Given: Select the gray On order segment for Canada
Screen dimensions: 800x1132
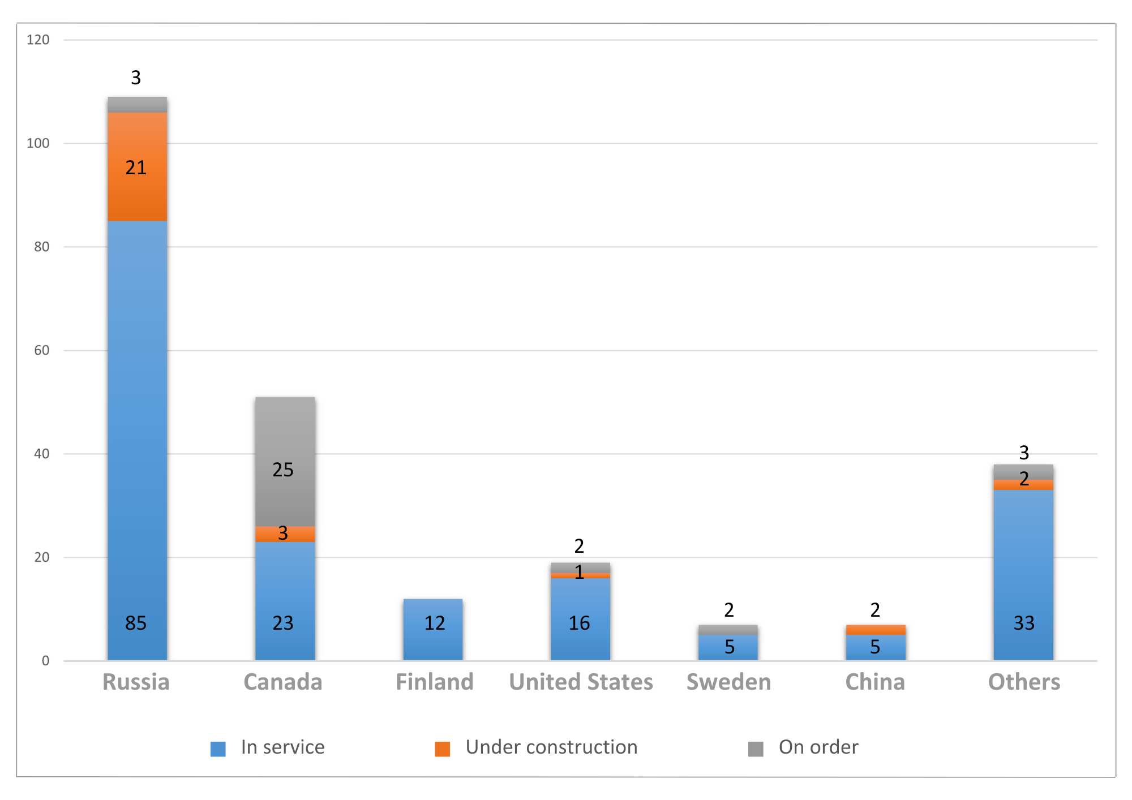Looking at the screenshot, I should tap(285, 441).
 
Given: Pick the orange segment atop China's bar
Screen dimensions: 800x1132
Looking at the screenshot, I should tap(876, 630).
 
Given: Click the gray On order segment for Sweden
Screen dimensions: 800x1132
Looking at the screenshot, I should tap(728, 630).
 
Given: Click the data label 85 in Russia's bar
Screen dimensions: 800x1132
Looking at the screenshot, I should tap(136, 623).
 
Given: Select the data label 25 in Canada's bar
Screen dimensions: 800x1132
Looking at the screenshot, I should tap(283, 470).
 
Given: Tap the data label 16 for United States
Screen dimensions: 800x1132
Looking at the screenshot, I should tap(579, 623).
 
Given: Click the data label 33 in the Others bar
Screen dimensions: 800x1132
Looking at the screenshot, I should tap(1024, 623).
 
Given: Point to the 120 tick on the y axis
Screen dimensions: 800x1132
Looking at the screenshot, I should tap(38, 40).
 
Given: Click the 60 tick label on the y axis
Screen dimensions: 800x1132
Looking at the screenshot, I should tap(41, 350).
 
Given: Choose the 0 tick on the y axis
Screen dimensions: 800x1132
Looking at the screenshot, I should tap(45, 661).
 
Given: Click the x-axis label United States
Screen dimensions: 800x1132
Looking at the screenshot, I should tap(581, 682).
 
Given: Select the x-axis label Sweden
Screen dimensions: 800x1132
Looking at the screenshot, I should tap(728, 682).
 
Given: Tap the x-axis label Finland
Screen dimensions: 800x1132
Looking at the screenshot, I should tap(434, 682).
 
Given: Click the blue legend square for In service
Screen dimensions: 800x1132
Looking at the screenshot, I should tap(218, 749).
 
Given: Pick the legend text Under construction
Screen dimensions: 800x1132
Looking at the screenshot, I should tap(551, 747).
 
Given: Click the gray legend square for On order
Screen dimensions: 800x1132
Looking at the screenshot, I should tap(756, 749).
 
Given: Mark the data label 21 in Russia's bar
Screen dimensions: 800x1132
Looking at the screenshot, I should tap(136, 167).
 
